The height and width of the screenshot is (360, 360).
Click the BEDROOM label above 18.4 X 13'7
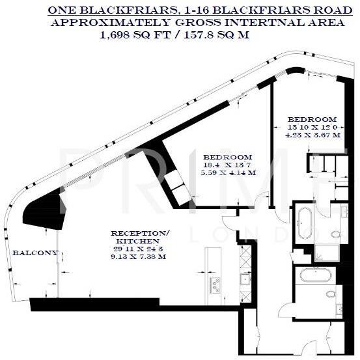click(227, 158)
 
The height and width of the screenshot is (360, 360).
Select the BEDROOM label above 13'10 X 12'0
click(312, 119)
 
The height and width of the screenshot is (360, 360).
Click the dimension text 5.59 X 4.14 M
click(228, 173)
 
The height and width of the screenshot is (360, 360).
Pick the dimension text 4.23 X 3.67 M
click(313, 135)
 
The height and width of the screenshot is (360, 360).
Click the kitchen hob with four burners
click(214, 284)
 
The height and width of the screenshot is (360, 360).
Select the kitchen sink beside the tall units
click(245, 280)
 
